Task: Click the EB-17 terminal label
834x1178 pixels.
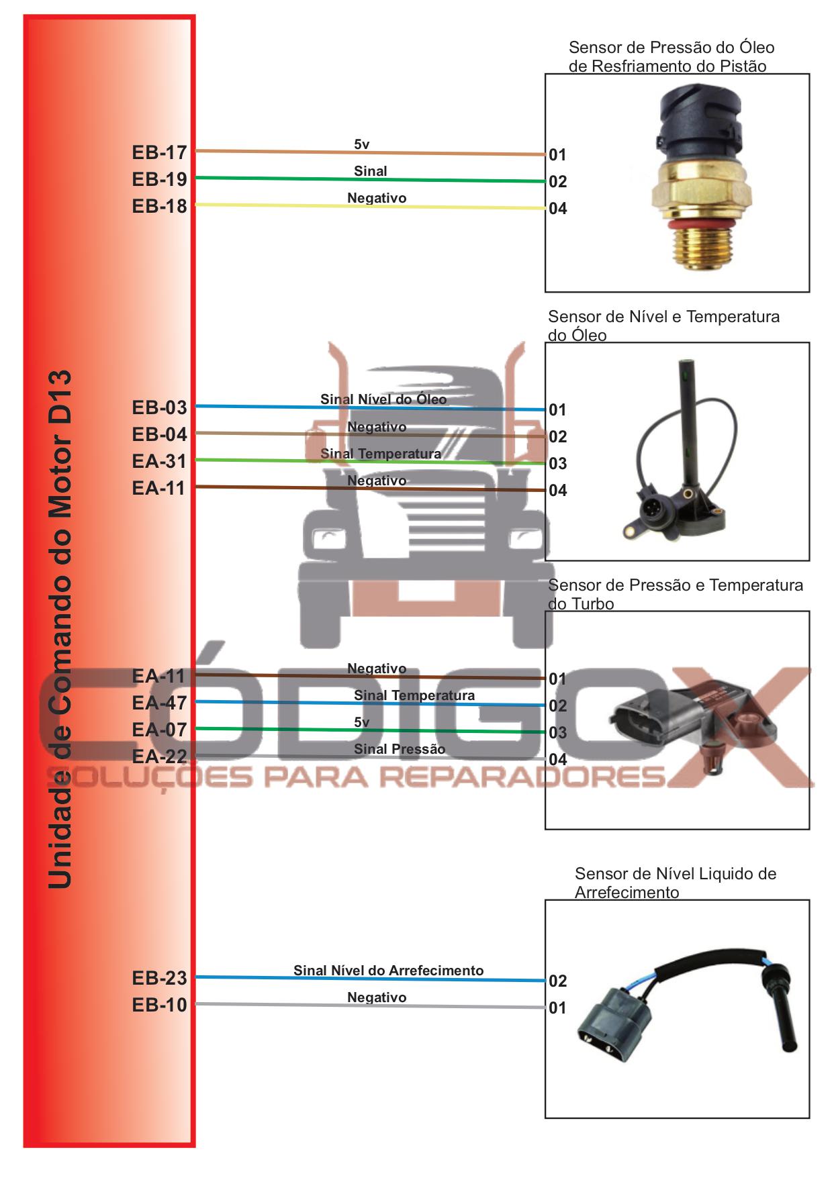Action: [159, 153]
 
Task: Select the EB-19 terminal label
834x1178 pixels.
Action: [159, 180]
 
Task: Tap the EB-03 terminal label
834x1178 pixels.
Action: [159, 408]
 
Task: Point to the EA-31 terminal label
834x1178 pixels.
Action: [159, 462]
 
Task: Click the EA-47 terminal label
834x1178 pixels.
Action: [159, 703]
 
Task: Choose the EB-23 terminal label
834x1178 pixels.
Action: [159, 979]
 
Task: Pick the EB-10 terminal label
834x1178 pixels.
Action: [159, 1005]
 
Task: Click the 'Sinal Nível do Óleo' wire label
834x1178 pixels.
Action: [383, 399]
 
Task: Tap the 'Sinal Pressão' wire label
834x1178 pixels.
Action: [400, 749]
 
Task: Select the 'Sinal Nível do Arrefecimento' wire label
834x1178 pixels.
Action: [388, 971]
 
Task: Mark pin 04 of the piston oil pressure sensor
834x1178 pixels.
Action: [557, 209]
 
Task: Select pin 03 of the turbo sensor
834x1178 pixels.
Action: [557, 733]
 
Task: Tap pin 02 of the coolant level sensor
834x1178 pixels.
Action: [557, 981]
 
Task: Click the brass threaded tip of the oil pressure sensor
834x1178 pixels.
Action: [700, 248]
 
